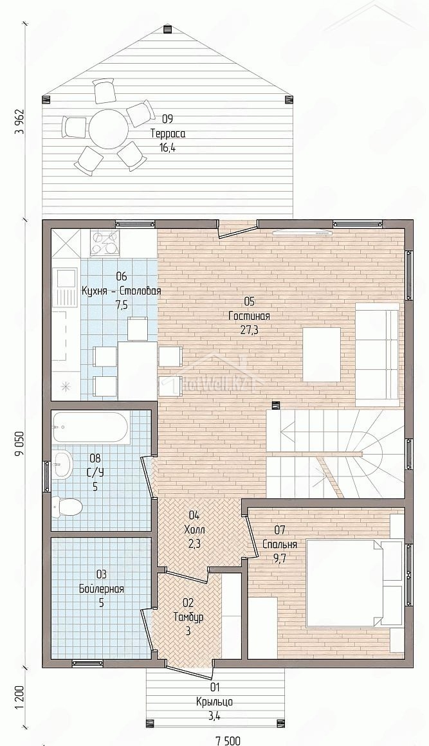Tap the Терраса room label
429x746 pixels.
tap(168, 134)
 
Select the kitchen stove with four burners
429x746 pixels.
tap(105, 242)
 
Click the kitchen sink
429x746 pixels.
tap(66, 289)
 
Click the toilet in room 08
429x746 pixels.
tap(67, 508)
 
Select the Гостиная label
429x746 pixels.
tap(249, 316)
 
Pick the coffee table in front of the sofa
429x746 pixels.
tap(322, 354)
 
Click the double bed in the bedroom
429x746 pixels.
tap(354, 583)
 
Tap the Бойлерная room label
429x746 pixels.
tap(102, 589)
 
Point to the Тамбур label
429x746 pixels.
tap(188, 617)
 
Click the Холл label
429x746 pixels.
tap(194, 529)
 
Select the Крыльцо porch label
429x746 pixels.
tap(215, 701)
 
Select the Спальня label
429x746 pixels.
tap(280, 545)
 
